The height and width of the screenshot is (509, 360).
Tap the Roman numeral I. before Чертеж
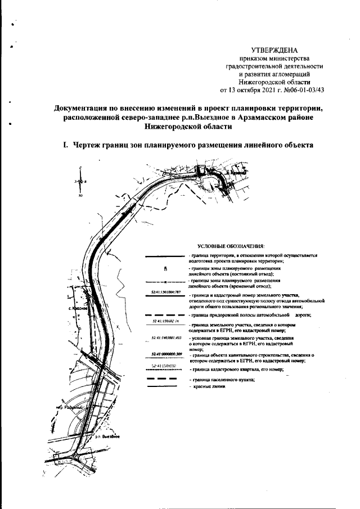(66, 145)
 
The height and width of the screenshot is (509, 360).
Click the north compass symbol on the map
(81, 181)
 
